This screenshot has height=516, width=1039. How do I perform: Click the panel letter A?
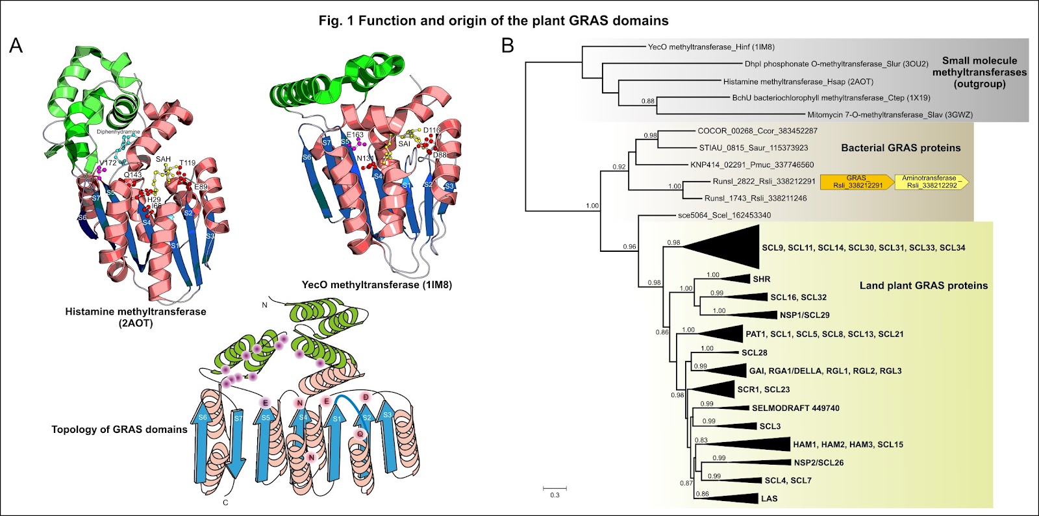[x=16, y=45]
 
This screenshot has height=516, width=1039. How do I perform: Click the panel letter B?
[x=508, y=45]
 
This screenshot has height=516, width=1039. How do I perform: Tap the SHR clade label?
[x=762, y=279]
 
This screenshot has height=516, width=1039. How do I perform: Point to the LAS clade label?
[x=769, y=498]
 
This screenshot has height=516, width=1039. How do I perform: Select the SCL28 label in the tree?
[x=754, y=352]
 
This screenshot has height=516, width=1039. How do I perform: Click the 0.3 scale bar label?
[x=555, y=495]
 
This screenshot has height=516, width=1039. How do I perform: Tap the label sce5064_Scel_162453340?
[x=724, y=215]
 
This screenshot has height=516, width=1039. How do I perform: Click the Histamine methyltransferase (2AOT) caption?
[x=136, y=317]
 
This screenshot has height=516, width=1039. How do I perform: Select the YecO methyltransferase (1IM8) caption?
[x=377, y=285]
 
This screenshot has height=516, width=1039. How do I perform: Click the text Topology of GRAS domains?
[x=119, y=429]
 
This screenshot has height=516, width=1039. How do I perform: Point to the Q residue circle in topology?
[x=360, y=434]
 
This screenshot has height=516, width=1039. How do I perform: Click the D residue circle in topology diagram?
[x=366, y=397]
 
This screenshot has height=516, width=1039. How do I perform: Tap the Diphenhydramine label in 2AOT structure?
[x=118, y=132]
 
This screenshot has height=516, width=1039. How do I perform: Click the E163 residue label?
[x=355, y=135]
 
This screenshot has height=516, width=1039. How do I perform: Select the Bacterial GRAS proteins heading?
[x=901, y=148]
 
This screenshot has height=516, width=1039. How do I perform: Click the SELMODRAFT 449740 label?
[x=795, y=408]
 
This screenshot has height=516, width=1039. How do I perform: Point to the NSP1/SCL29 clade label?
[x=805, y=315]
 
